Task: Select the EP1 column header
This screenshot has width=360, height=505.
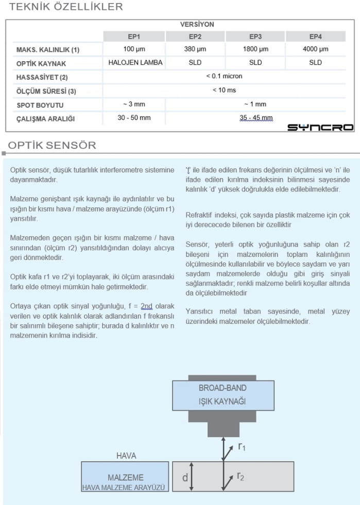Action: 134,37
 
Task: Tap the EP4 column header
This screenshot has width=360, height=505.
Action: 316,37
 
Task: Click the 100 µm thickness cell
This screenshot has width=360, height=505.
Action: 134,49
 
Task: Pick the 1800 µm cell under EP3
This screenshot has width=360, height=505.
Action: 255,49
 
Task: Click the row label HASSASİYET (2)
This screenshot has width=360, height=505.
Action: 42,77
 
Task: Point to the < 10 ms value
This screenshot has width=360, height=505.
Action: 224,90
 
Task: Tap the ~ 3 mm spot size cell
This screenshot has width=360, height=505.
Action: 133,104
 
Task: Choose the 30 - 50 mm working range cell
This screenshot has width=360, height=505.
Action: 134,118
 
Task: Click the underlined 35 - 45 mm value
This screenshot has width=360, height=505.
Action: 256,118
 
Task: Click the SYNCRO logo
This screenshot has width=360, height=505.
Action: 320,127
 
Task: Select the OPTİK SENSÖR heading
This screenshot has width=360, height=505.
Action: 52,145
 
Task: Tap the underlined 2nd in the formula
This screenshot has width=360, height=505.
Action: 146,306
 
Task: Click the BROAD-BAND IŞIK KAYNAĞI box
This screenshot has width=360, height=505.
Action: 222,394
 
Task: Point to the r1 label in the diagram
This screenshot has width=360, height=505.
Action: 241,447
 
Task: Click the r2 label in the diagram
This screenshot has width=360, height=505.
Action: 241,477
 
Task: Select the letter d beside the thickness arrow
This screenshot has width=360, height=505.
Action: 185,478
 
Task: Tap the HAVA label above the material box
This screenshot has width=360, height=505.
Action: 127,456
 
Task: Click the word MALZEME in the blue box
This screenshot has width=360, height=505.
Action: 126,477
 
